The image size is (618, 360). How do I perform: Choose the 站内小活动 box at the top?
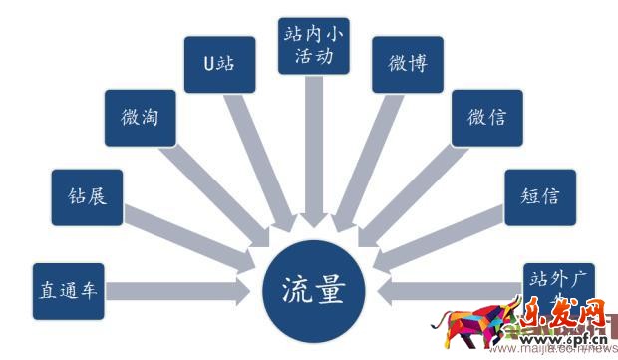313,45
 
